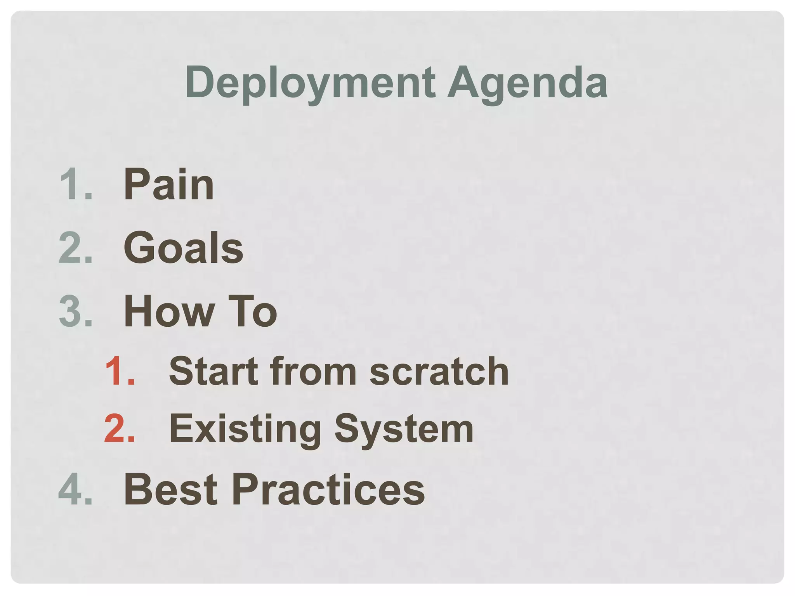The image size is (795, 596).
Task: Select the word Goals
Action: (x=183, y=248)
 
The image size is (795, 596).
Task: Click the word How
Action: (x=169, y=311)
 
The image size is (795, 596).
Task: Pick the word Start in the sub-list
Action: (x=214, y=371)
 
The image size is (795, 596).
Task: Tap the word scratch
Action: (x=439, y=371)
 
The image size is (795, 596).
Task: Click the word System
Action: (x=404, y=429)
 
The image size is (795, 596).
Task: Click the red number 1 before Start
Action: (x=115, y=371)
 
